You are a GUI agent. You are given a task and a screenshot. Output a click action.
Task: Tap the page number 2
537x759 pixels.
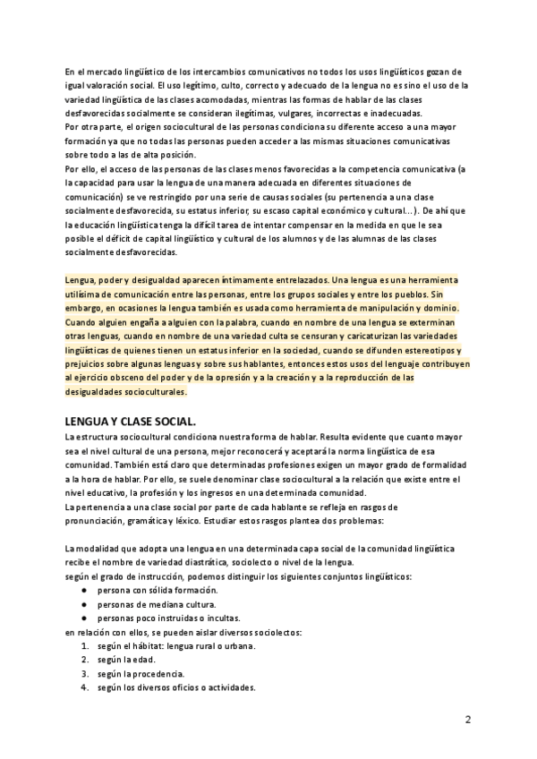coord(468,720)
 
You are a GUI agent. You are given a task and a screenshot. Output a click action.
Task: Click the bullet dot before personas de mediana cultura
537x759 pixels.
coord(83,604)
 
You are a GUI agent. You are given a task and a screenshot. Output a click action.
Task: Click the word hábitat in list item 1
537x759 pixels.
coord(147,646)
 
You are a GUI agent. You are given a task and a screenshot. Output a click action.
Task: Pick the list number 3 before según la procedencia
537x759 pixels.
coord(83,674)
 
